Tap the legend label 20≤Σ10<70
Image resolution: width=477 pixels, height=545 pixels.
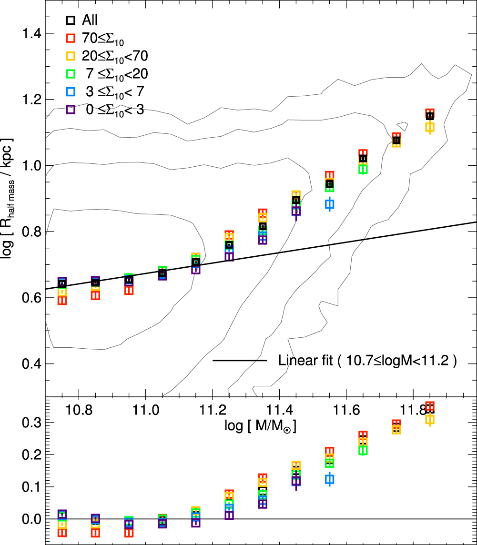click(115, 56)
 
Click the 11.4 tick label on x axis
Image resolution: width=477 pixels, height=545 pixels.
click(295, 409)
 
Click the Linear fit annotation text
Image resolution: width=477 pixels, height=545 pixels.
click(367, 361)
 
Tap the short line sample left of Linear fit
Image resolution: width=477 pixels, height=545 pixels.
click(239, 361)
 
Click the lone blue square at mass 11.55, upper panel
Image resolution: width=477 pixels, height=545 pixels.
click(329, 204)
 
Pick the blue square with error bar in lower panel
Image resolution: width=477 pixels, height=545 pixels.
click(329, 479)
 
